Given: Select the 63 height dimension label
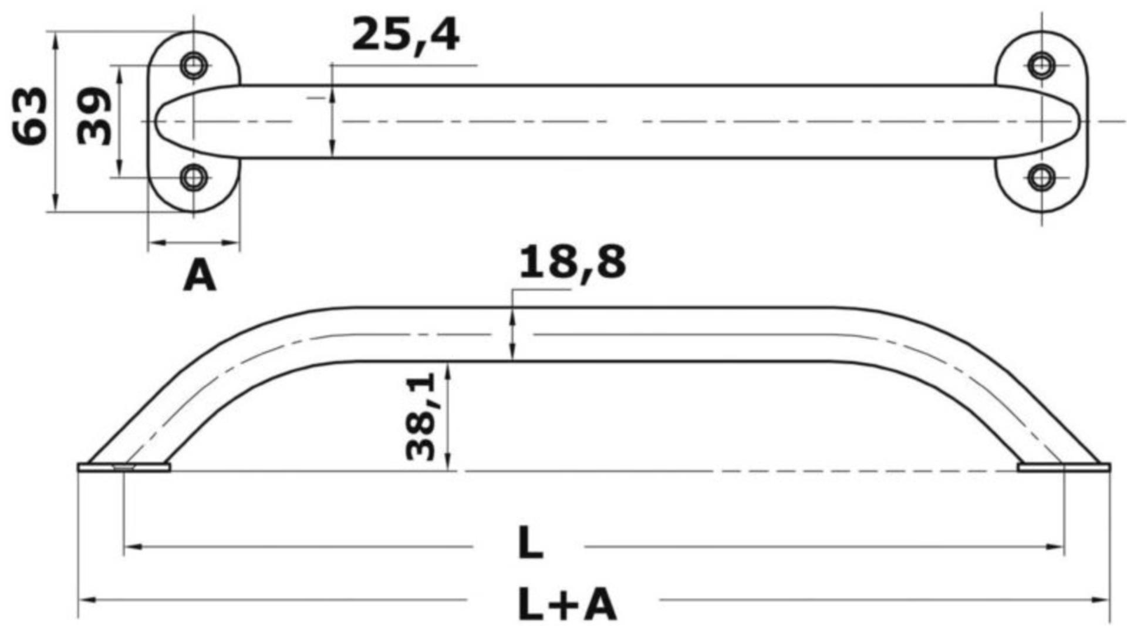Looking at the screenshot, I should pos(31,116).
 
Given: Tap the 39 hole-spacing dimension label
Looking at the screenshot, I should pos(95,116).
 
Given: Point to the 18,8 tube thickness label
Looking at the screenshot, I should pos(572,262).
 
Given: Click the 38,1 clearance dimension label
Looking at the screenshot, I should pos(421,416).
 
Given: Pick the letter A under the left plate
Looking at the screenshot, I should pos(200,276).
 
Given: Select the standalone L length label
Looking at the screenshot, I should pos(530,544).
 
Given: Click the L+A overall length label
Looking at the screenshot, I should pos(567,605).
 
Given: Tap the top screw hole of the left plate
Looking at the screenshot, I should pos(194,65).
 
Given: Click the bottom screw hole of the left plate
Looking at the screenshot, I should pos(194,177).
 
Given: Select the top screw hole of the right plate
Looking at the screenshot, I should pos(1042,65).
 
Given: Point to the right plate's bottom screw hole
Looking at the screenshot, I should pos(1042,177).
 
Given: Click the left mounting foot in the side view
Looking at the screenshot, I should pos(124,467).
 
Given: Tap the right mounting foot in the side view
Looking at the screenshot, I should pos(1064,467).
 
